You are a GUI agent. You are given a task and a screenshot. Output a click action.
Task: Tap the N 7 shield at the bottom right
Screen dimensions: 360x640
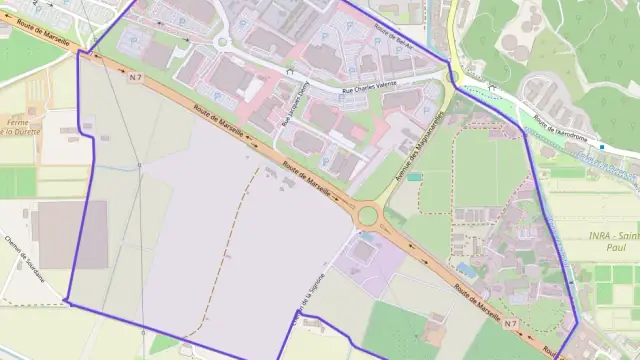click(510, 323)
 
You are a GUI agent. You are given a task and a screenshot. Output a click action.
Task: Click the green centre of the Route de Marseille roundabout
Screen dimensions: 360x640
click(368, 215)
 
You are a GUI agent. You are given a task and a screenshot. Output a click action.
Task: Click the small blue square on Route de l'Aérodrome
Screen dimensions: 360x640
click(602, 147)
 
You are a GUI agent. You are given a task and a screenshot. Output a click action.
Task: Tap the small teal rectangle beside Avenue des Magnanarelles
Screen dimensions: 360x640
click(414, 176)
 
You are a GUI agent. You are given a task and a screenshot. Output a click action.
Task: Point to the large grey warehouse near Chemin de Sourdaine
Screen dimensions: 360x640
click(70, 234)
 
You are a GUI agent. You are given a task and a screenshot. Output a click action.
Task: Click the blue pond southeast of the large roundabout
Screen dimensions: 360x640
click(466, 270)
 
